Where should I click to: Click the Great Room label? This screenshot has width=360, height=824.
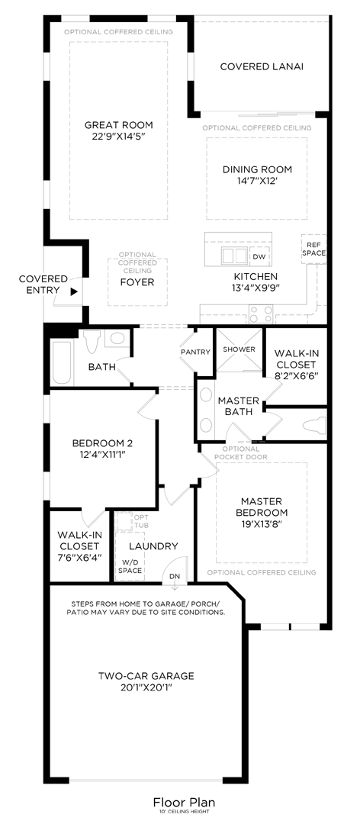tap(118, 125)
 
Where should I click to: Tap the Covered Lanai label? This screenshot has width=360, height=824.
tap(262, 66)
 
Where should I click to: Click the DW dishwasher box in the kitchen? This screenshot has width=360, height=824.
tap(259, 256)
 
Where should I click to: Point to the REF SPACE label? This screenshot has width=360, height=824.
tap(313, 249)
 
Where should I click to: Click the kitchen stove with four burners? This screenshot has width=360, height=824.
tap(260, 313)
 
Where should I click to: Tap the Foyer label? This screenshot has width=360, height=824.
tap(137, 282)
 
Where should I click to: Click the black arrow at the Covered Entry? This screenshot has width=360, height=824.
tap(74, 291)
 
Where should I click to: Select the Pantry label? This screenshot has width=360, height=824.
tap(195, 352)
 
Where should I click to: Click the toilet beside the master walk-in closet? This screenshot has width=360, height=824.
tap(313, 425)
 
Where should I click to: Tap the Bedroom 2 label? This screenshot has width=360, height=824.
tap(103, 443)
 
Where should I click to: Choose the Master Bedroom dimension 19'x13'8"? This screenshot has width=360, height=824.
tap(262, 525)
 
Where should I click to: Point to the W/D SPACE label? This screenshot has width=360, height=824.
tap(130, 566)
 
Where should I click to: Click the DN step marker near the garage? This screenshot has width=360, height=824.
tap(175, 576)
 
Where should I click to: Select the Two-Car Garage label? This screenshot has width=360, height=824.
tap(146, 675)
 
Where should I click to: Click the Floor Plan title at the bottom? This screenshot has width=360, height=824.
tap(184, 802)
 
